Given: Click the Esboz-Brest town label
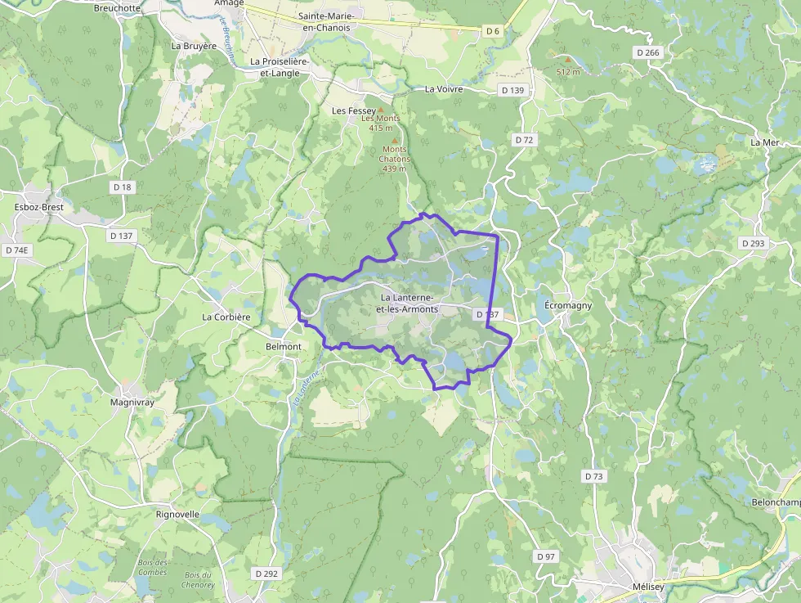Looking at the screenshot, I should (39, 207).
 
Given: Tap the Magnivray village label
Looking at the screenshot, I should (133, 403).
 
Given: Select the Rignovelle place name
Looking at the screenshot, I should (177, 515).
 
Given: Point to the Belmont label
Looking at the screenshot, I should (284, 347).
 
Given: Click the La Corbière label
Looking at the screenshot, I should (226, 317).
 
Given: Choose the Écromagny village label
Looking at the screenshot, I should (568, 305).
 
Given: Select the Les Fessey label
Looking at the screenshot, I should (353, 110).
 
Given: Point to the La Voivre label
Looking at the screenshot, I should (444, 89).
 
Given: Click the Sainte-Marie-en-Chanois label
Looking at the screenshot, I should (324, 21).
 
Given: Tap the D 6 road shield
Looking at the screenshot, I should (492, 31).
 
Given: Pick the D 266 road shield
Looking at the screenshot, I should (647, 52).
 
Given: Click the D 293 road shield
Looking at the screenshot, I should (753, 243).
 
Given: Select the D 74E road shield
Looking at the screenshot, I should (16, 250).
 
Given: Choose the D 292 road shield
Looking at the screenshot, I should (266, 574).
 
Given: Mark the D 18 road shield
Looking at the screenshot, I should (122, 187).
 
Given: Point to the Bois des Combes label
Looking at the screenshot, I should (152, 567).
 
